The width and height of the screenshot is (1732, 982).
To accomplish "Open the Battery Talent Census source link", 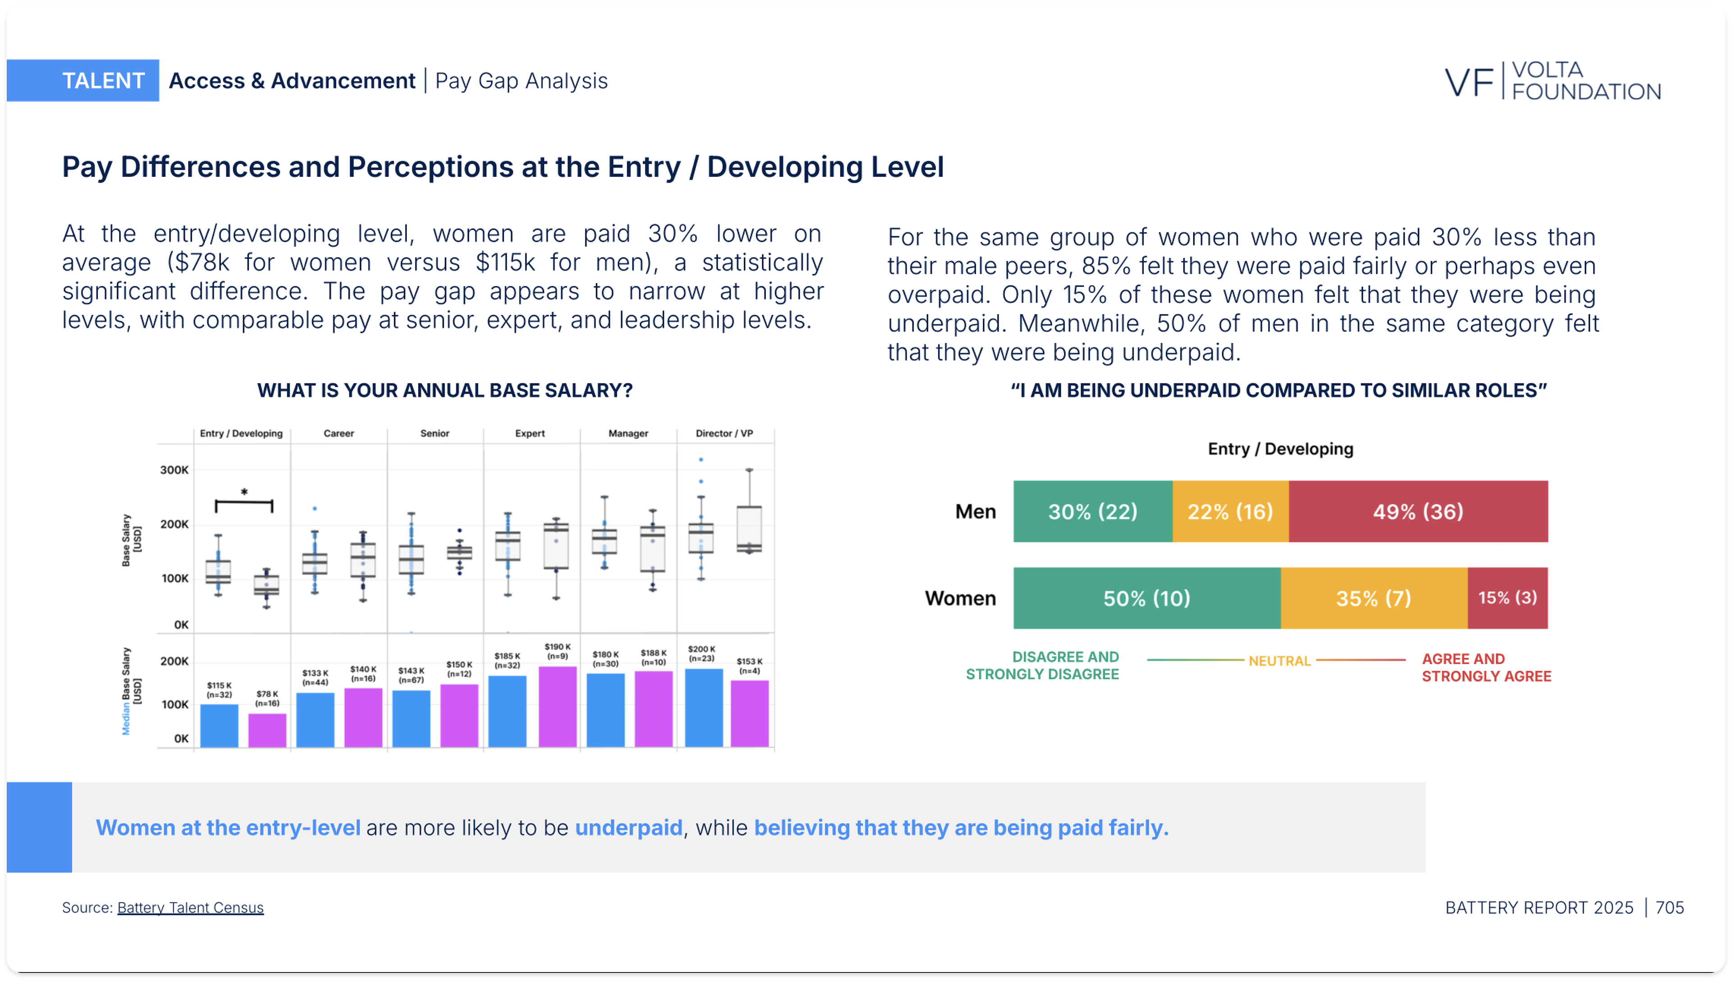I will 190,908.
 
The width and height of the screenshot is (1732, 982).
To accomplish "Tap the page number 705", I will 1669,908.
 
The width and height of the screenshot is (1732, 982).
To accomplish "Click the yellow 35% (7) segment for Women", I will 1373,598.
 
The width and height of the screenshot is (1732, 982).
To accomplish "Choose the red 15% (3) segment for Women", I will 1507,598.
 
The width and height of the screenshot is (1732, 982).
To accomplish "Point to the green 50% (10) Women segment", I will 1146,598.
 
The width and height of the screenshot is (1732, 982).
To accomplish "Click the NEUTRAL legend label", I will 1279,661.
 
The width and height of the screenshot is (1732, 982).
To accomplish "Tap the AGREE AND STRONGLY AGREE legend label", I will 1486,667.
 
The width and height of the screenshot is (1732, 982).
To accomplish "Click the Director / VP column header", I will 724,433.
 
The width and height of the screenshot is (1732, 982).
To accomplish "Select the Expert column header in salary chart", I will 530,433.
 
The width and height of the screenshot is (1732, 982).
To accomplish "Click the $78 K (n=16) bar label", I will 267,698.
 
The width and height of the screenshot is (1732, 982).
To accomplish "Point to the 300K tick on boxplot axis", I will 174,470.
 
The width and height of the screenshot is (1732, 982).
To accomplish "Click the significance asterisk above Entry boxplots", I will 244,492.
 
